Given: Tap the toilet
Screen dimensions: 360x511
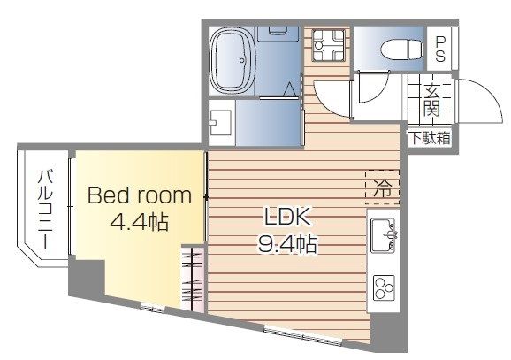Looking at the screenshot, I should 392,50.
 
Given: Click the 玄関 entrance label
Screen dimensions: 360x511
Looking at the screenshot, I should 431,100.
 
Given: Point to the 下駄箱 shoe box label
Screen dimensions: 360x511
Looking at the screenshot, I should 429,137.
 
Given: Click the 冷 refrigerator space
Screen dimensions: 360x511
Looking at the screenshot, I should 382,187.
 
